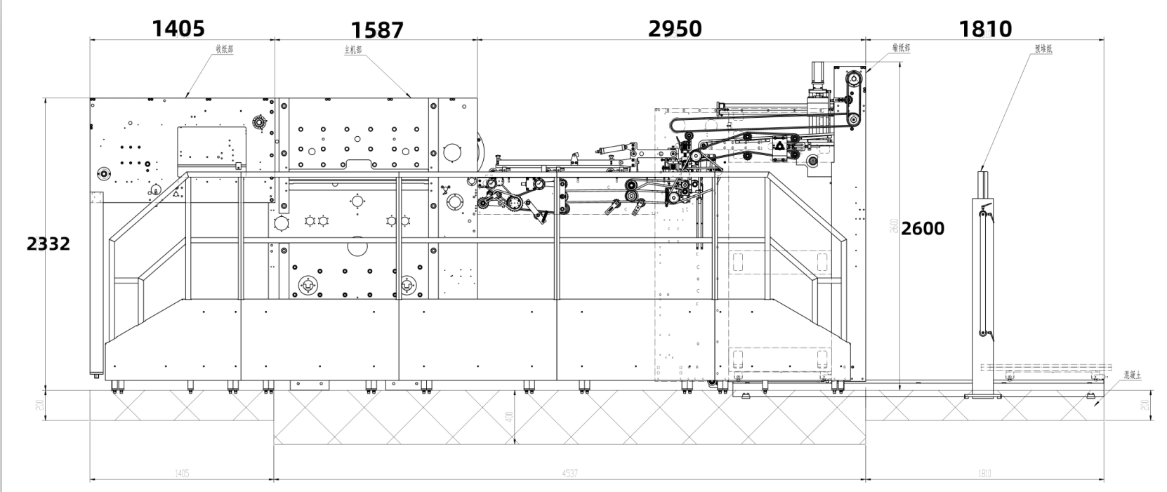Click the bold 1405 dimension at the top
(x=178, y=28)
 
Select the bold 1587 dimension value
(x=377, y=30)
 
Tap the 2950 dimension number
(x=674, y=28)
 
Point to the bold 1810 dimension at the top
(x=985, y=29)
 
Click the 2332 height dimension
(x=48, y=244)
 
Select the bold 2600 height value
(x=923, y=228)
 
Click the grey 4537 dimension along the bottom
(x=569, y=474)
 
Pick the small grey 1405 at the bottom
(x=182, y=474)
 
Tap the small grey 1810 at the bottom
(x=984, y=474)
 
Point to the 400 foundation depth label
(x=509, y=417)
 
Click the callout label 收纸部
(x=224, y=49)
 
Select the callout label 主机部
(x=352, y=50)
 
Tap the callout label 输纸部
(x=901, y=48)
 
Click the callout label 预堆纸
(x=1043, y=48)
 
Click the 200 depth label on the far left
(x=41, y=405)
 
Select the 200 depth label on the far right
(x=1145, y=405)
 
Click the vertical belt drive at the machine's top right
(x=853, y=98)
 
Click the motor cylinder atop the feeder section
(x=817, y=76)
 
